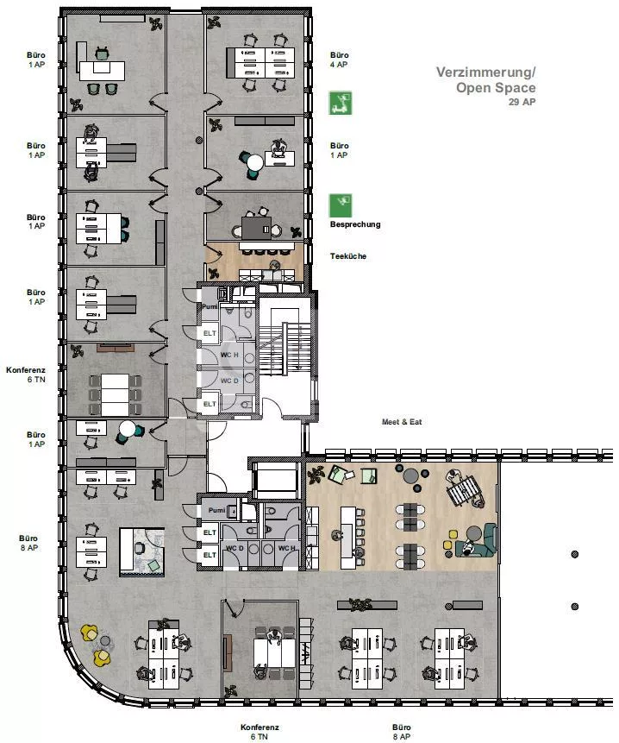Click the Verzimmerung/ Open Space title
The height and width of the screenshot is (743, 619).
(x=486, y=80)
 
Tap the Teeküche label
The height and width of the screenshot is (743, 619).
(x=348, y=256)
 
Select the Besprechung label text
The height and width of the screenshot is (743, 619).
(x=355, y=224)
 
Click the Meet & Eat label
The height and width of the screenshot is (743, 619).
(x=402, y=422)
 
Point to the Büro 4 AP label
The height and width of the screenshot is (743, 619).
(x=340, y=60)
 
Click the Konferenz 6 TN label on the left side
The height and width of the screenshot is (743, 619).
(x=26, y=375)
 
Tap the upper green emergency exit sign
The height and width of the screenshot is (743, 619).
(x=341, y=103)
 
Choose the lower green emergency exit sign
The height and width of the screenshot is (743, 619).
(x=341, y=205)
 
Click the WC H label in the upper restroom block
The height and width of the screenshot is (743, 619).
(x=229, y=355)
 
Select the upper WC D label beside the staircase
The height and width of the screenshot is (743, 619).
(x=229, y=381)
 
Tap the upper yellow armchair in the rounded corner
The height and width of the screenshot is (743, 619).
(x=89, y=633)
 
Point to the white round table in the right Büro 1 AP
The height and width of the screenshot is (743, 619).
(x=255, y=163)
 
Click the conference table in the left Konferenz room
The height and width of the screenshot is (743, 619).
(x=115, y=394)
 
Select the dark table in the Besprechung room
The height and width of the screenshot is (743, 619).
(x=257, y=228)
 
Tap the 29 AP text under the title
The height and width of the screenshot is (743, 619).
(x=522, y=102)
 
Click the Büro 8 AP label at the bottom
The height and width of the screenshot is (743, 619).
(x=401, y=732)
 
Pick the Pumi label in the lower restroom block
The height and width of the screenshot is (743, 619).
(x=216, y=510)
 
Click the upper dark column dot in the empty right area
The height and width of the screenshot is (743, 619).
(x=574, y=554)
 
